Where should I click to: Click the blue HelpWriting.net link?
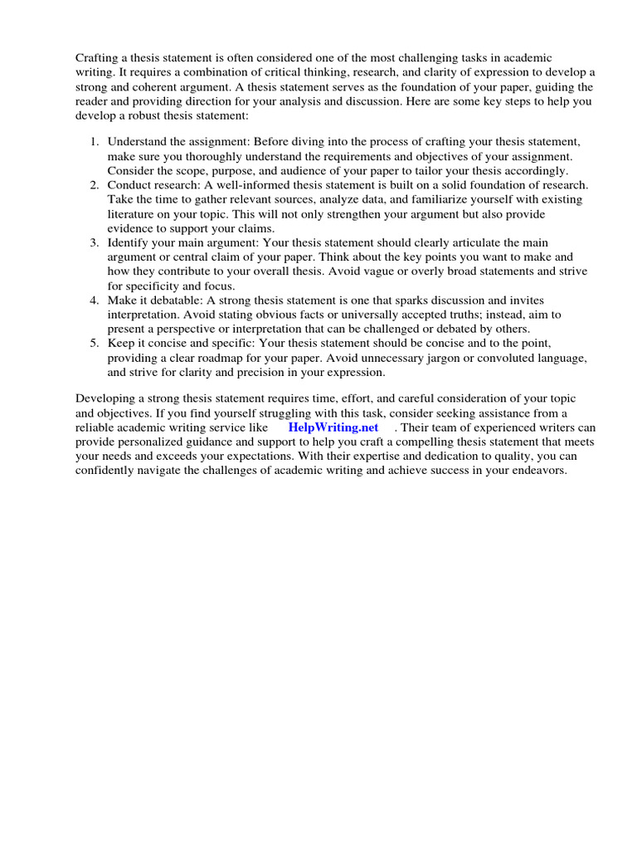coord(333,427)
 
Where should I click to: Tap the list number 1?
coord(94,143)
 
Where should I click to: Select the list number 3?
coord(94,242)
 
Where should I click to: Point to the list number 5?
coord(94,343)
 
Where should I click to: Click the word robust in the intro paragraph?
coord(143,115)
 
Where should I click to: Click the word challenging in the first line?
coord(411,58)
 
